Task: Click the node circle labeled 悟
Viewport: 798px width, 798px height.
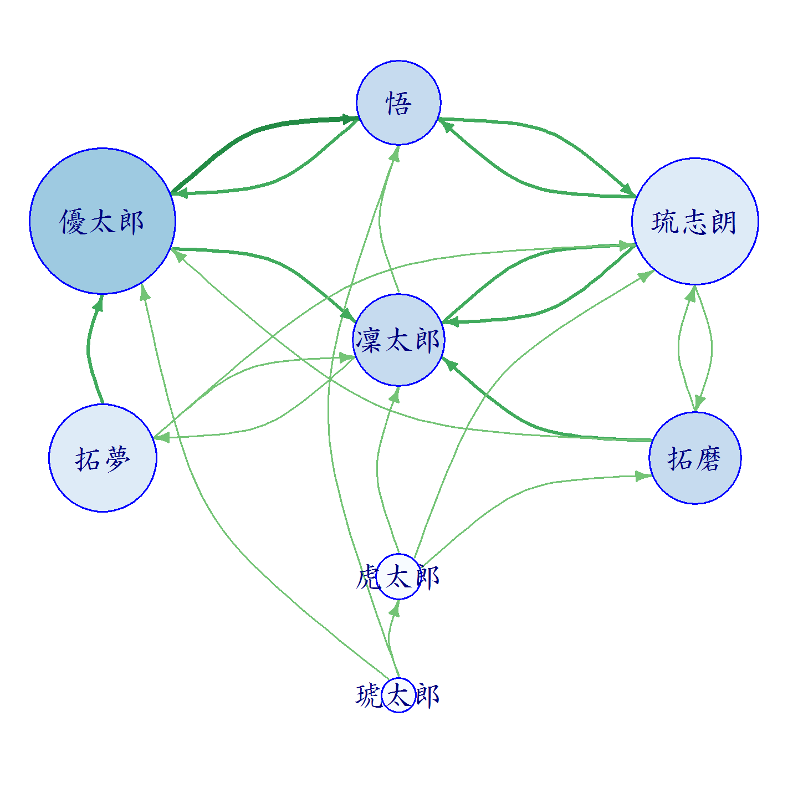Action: tap(398, 103)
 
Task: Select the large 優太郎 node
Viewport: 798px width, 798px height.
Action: tap(103, 221)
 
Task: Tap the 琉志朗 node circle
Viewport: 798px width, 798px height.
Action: tap(694, 221)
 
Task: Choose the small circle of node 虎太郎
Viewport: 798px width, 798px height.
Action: tap(398, 576)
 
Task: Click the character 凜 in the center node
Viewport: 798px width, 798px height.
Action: tap(368, 340)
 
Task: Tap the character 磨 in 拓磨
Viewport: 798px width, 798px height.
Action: tap(709, 458)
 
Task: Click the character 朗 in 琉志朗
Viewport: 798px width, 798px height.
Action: tap(723, 222)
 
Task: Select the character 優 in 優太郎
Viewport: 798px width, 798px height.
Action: tap(73, 222)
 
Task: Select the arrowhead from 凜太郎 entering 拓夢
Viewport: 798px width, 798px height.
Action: tap(161, 437)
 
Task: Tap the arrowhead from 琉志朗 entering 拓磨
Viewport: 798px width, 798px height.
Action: tap(699, 402)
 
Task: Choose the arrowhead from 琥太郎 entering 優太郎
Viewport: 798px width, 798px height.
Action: tap(144, 292)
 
